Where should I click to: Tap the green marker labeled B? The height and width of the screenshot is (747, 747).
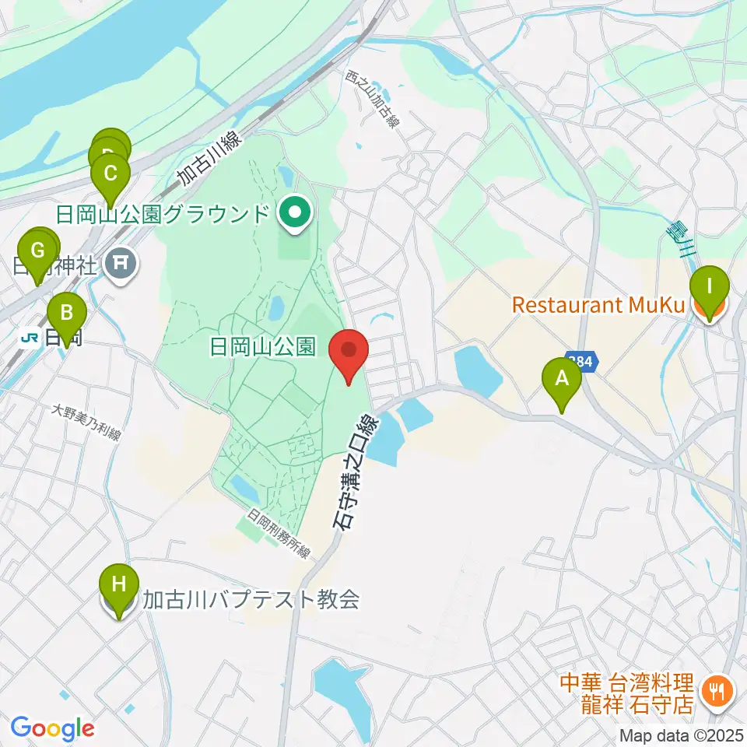(x=67, y=314)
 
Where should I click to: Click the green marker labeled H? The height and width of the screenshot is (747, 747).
(x=119, y=584)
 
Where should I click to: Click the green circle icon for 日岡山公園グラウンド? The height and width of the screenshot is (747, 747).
(x=295, y=212)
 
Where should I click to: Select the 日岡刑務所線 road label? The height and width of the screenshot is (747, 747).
(x=279, y=534)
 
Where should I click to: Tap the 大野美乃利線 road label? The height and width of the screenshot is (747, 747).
(x=86, y=423)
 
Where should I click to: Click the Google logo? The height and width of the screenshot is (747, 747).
(x=52, y=728)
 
